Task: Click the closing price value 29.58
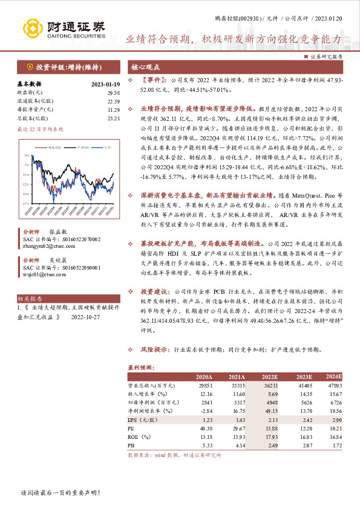pos(113,92)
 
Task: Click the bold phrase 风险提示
pos(154,349)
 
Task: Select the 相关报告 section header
pos(30,299)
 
